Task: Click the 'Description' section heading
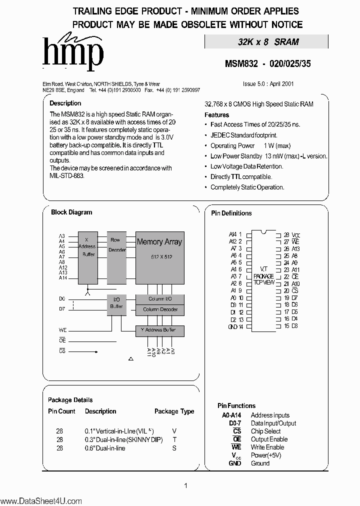click(x=65, y=103)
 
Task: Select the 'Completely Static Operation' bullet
click(x=247, y=187)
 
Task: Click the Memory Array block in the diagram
click(x=159, y=255)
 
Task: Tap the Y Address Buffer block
click(x=159, y=331)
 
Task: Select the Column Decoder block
click(x=159, y=309)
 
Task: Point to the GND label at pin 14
click(x=232, y=326)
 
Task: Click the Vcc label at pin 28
click(x=295, y=234)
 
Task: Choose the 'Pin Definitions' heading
click(x=231, y=213)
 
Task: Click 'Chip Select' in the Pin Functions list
click(x=265, y=431)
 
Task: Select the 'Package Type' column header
click(x=174, y=411)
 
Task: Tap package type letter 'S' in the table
click(x=174, y=448)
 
